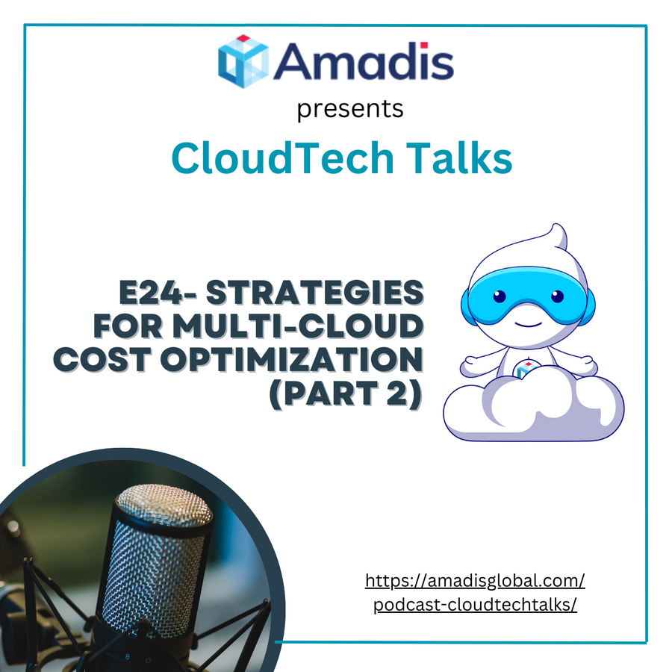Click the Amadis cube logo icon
click(243, 61)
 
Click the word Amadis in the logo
click(364, 61)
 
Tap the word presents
click(350, 110)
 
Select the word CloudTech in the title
click(282, 158)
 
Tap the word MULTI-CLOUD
click(298, 326)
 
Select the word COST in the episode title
click(102, 359)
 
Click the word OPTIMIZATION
click(292, 359)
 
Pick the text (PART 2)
click(346, 393)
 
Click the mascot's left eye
click(500, 296)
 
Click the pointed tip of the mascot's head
click(556, 225)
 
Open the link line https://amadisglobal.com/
click(475, 581)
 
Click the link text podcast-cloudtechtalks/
click(475, 605)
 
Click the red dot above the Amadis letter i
click(424, 46)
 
